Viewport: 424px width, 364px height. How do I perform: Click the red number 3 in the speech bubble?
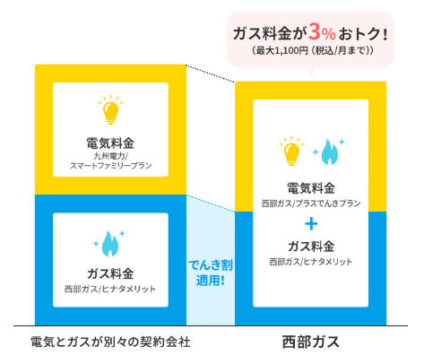click(x=316, y=32)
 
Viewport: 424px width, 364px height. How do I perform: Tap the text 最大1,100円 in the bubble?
click(x=281, y=50)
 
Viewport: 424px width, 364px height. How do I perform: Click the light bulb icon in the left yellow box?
click(x=110, y=109)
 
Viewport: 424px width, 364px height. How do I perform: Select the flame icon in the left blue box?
click(x=109, y=244)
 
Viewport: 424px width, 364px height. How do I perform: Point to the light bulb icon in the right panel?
click(x=291, y=151)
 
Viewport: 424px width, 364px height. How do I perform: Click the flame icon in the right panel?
click(x=329, y=152)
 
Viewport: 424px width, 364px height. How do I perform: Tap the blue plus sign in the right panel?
click(x=311, y=223)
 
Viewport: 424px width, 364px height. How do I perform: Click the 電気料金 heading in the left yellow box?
click(x=110, y=143)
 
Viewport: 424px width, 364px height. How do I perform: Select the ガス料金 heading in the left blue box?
click(x=110, y=273)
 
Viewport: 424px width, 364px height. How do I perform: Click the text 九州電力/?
click(x=110, y=156)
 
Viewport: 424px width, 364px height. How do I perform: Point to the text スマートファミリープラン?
click(x=110, y=166)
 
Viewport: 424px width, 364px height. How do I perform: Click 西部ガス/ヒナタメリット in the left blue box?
click(x=110, y=289)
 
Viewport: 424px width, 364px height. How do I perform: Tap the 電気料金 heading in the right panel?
click(x=311, y=188)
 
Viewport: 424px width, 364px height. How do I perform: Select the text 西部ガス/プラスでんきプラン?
click(x=311, y=204)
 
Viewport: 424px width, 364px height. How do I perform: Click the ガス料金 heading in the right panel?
click(x=311, y=247)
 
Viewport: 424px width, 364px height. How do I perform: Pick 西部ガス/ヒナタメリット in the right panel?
click(x=311, y=262)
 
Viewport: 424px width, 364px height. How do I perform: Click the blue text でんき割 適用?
click(x=211, y=273)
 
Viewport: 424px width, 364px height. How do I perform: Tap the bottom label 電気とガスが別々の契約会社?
click(x=110, y=342)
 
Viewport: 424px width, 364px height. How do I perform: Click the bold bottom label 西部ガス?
click(x=311, y=342)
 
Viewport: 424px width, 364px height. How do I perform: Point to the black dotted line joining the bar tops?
click(x=211, y=74)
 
